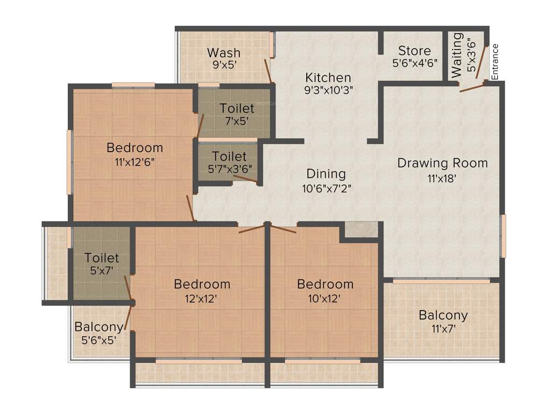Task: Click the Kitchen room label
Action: [328, 78]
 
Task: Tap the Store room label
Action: [414, 51]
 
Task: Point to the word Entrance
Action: [495, 61]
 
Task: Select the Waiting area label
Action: [456, 54]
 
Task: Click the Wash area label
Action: [224, 53]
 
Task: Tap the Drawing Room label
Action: [442, 163]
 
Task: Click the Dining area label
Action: [326, 174]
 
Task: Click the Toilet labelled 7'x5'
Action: [237, 109]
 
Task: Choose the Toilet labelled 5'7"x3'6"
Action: [229, 157]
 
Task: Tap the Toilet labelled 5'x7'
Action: [102, 259]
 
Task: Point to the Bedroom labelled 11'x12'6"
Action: [135, 148]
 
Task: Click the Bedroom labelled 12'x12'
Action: [202, 284]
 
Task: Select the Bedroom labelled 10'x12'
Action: [325, 284]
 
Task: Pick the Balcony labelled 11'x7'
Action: [443, 315]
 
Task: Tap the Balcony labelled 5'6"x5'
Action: [98, 327]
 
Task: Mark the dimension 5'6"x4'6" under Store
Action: [414, 63]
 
